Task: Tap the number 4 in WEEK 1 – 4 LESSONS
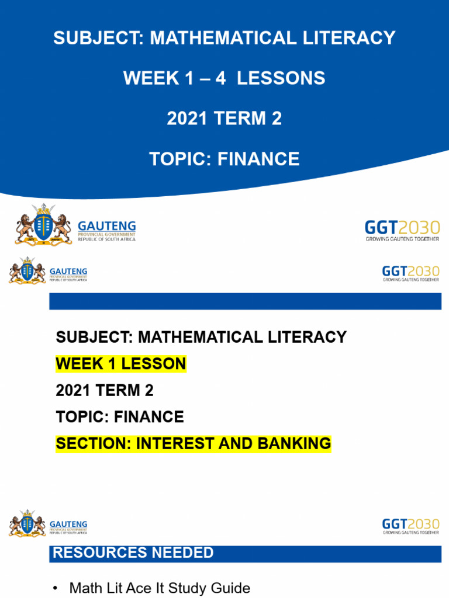click(x=220, y=78)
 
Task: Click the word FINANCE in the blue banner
click(x=258, y=159)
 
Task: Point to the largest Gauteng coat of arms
click(x=43, y=225)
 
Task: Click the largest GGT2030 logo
click(x=402, y=230)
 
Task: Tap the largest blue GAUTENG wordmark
click(x=107, y=226)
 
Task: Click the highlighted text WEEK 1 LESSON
click(x=120, y=364)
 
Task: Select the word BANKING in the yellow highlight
click(x=294, y=444)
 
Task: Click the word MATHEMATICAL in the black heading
click(x=200, y=337)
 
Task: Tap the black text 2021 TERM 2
click(x=105, y=391)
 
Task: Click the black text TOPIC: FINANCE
click(x=120, y=417)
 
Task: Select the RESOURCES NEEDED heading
click(x=133, y=552)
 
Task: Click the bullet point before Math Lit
click(x=56, y=589)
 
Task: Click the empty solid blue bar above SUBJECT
click(x=245, y=301)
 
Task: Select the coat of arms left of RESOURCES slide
click(x=27, y=523)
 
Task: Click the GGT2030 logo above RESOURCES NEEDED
click(x=411, y=526)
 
